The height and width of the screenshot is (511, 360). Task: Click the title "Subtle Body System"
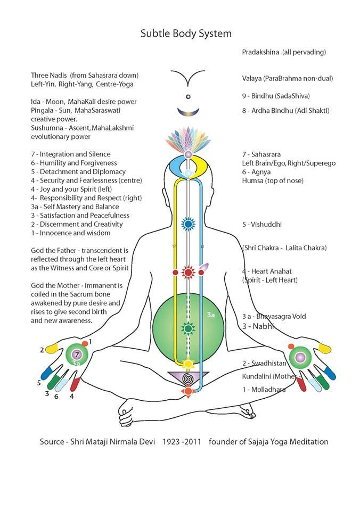pos(186,34)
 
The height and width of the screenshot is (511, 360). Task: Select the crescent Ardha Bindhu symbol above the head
pos(187,111)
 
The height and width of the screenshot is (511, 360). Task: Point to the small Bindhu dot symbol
pos(187,97)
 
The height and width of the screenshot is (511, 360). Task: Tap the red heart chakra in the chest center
pos(187,273)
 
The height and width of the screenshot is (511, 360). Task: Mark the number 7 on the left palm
pos(77,354)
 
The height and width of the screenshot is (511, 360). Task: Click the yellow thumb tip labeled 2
pos(52,349)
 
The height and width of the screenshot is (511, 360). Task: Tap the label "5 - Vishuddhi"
pos(262,225)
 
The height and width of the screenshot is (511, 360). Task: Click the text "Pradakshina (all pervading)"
pos(284,52)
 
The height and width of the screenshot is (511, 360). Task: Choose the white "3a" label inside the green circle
pos(210,315)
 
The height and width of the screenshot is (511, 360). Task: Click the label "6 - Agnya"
pos(256,172)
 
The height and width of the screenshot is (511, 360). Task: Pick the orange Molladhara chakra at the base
pos(187,392)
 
